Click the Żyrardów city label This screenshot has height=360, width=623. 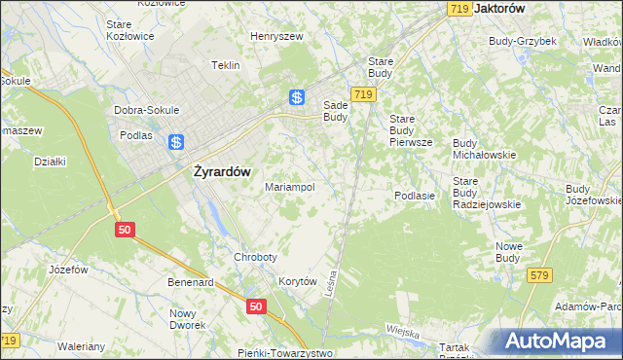[x=217, y=171]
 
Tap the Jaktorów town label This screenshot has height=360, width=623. [x=498, y=7]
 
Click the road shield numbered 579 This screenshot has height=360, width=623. [x=540, y=276]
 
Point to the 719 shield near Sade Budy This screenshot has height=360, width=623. [x=364, y=94]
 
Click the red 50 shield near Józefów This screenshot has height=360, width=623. [x=124, y=229]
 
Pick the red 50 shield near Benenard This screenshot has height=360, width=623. [x=255, y=306]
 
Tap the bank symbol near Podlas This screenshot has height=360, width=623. [x=176, y=143]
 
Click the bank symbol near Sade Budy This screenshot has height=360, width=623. [x=297, y=97]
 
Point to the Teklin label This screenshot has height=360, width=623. [x=226, y=65]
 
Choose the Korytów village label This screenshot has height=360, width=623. [x=299, y=280]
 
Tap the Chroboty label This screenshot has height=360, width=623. [x=255, y=257]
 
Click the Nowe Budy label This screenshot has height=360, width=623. [x=509, y=252]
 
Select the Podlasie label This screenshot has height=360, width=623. [x=414, y=196]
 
